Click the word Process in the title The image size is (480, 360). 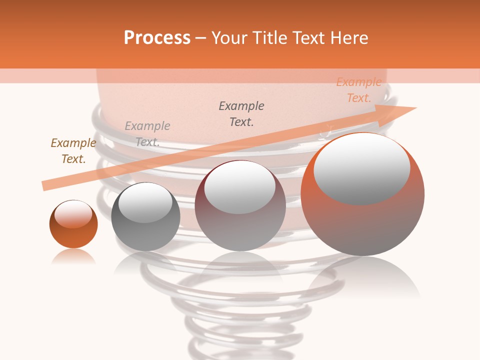(x=157, y=38)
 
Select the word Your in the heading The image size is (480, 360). (x=230, y=38)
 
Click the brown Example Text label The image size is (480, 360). (x=73, y=151)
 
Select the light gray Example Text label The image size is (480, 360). (x=147, y=134)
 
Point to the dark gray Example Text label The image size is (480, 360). (x=241, y=114)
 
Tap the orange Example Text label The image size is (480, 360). (x=358, y=90)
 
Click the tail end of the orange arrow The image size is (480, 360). (x=45, y=185)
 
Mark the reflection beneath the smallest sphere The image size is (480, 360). (x=73, y=257)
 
